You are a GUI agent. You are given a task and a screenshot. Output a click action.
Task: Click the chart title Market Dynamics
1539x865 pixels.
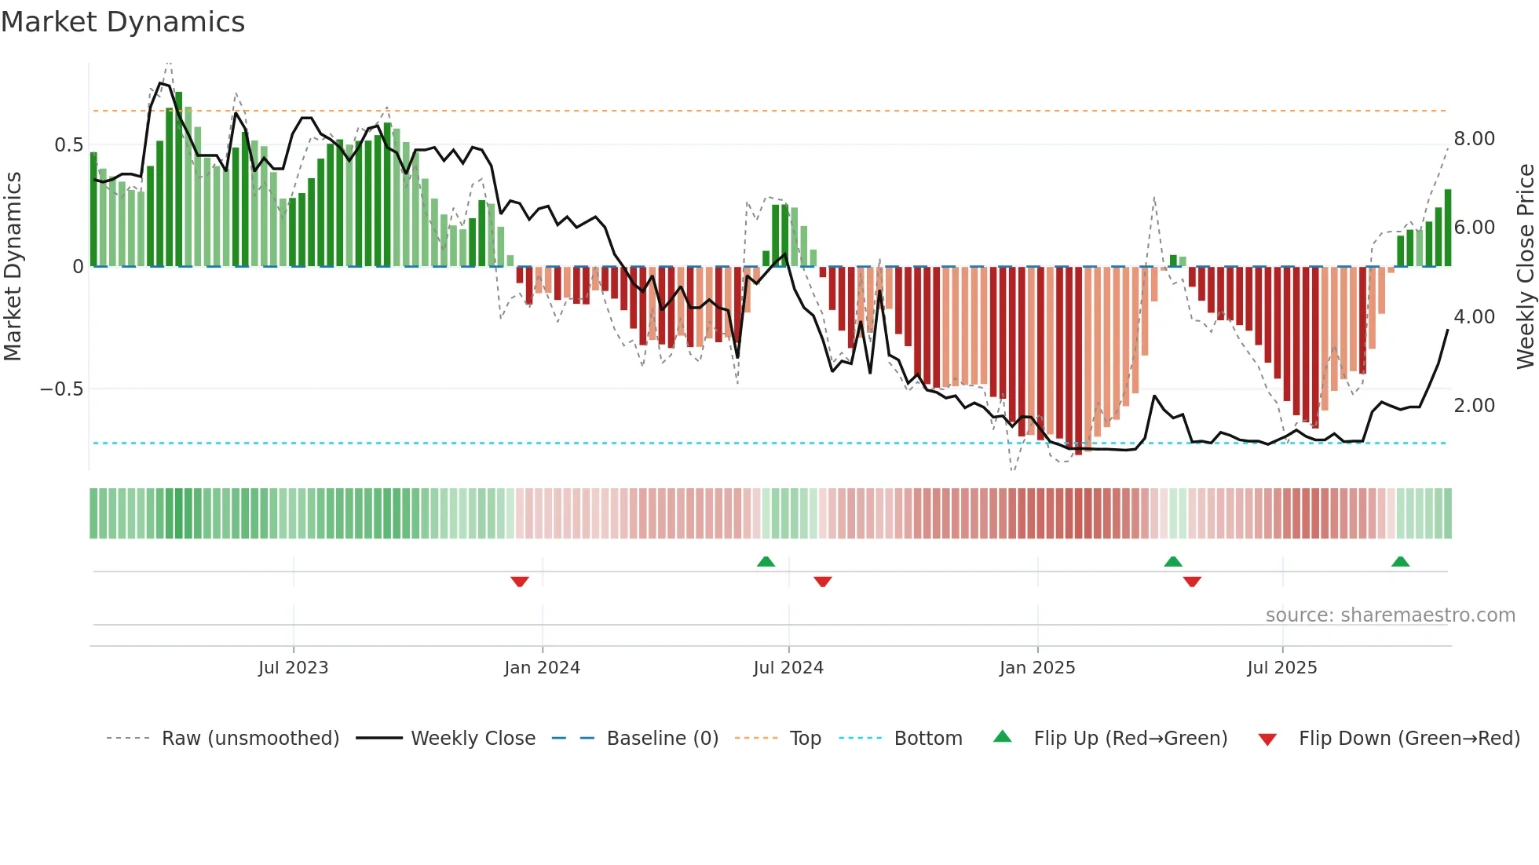coord(123,22)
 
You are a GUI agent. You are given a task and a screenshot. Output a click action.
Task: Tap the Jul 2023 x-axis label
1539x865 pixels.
coord(293,668)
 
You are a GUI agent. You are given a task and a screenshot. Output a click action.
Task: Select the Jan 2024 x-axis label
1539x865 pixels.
coord(542,668)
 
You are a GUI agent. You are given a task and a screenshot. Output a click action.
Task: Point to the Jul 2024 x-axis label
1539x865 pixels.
coord(788,668)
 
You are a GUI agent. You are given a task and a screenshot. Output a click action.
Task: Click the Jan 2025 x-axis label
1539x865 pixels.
coord(1037,668)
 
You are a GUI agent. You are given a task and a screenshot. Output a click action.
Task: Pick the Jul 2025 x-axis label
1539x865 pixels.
coord(1282,668)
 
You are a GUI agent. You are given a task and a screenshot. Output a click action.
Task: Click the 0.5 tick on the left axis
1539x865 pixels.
coord(69,145)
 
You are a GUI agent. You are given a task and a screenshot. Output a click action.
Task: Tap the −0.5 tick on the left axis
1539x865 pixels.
coord(62,389)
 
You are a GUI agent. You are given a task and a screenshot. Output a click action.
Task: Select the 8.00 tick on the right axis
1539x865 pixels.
coord(1474,139)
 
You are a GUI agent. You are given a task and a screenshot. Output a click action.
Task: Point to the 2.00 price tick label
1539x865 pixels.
coord(1474,406)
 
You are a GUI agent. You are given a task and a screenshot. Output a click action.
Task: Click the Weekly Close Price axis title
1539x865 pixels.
coord(1525,267)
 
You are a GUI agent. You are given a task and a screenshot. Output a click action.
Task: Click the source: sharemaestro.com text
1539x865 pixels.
coord(1390,615)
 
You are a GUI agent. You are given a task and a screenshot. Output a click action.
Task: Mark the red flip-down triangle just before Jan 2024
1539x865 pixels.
coord(519,582)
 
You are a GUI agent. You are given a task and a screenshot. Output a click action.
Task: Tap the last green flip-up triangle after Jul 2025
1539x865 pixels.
coord(1400,561)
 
